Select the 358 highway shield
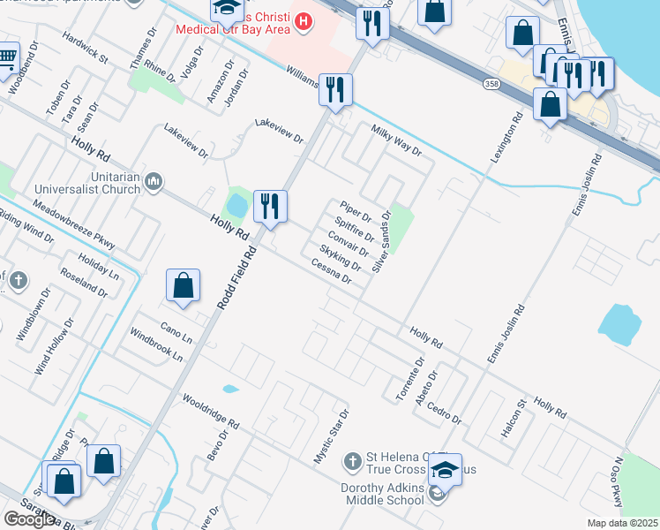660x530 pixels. (492, 83)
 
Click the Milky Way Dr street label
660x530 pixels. (396, 140)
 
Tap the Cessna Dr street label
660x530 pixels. (331, 272)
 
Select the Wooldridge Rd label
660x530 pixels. (211, 412)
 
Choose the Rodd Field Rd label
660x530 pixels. (236, 277)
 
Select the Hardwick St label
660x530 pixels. (85, 49)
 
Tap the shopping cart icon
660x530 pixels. (6, 57)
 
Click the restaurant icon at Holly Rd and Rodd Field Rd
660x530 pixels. (269, 206)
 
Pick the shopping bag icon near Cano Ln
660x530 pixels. (183, 285)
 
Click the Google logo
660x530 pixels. (29, 519)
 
